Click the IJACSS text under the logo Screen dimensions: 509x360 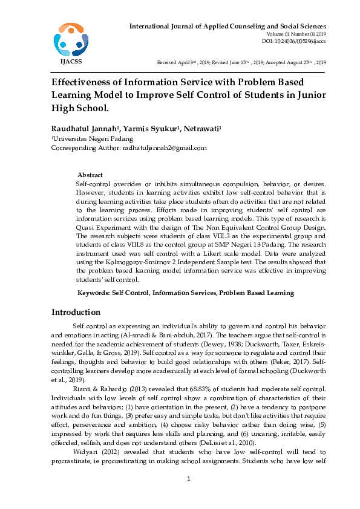[70, 61]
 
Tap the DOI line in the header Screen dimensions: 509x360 [294, 41]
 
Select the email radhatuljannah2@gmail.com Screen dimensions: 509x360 [165, 148]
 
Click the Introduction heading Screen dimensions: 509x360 [76, 313]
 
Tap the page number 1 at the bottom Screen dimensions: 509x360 [188, 479]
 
